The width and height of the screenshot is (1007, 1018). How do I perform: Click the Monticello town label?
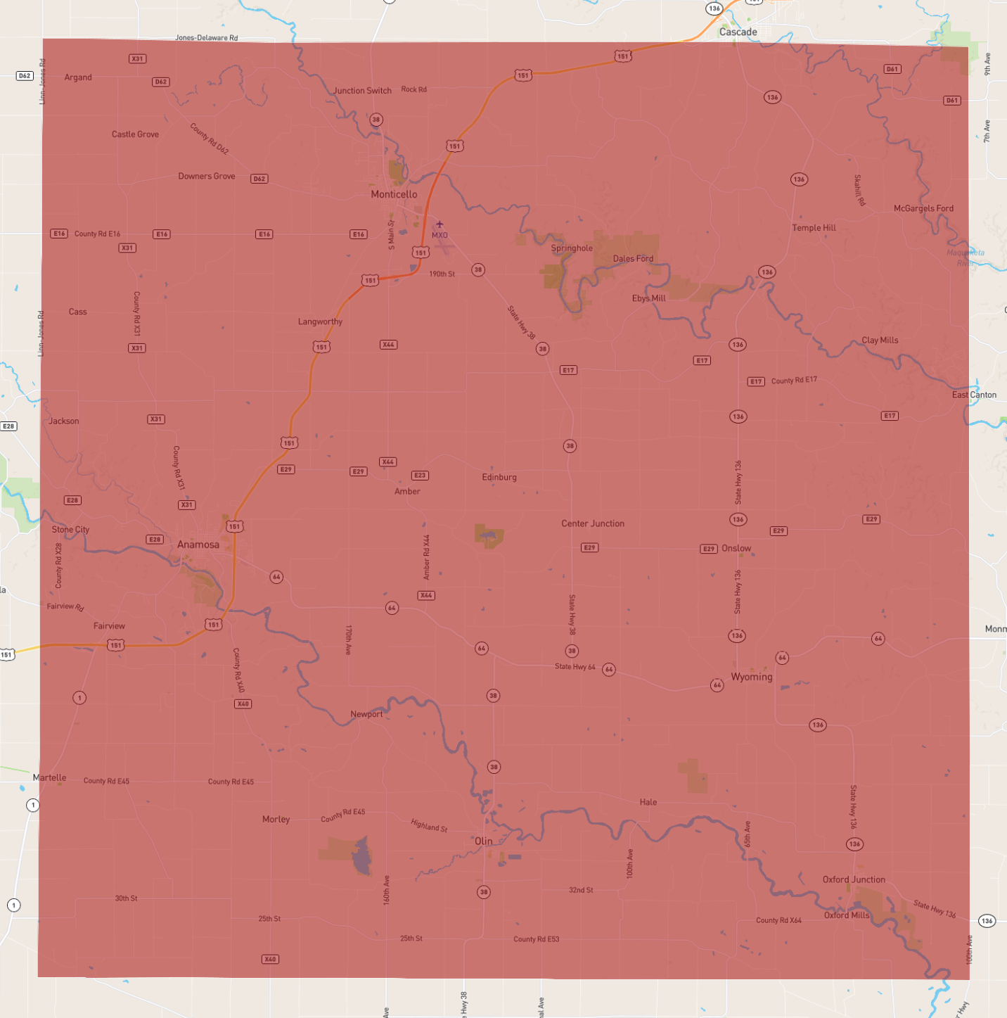[394, 194]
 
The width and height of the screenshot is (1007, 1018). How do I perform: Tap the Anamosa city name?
[198, 545]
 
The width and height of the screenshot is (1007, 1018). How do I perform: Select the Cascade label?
[738, 32]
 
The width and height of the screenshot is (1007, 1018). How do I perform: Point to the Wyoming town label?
[751, 677]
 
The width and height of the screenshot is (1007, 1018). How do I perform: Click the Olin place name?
[483, 841]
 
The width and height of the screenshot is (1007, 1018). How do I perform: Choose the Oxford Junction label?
[854, 879]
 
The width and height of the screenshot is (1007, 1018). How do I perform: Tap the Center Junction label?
[592, 523]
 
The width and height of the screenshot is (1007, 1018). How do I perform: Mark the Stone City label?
[70, 530]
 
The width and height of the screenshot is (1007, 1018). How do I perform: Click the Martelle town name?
[49, 777]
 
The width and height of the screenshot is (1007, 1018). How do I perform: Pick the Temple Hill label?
[814, 228]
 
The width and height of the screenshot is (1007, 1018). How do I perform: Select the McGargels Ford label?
[923, 208]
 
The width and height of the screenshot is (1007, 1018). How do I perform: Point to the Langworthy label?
[320, 322]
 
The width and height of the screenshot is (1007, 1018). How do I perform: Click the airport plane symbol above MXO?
[440, 224]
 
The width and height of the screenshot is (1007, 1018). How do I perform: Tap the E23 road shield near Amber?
[420, 476]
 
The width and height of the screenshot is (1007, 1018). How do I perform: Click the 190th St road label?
[442, 274]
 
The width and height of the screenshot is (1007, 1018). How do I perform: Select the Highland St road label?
[429, 825]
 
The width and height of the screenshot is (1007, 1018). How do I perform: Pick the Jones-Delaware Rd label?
[206, 38]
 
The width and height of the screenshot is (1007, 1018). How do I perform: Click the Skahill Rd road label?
[859, 190]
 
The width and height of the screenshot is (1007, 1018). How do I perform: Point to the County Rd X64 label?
[778, 920]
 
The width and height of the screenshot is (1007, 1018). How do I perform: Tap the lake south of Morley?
[361, 856]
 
